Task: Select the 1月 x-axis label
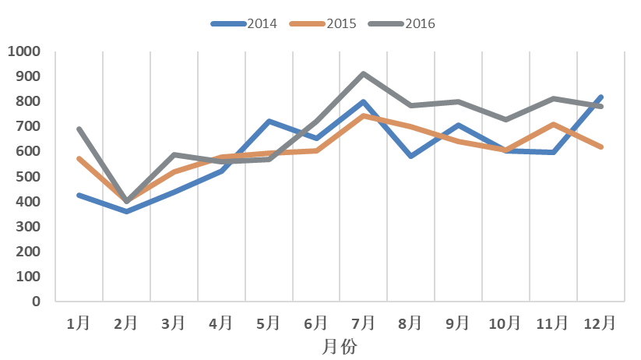79,323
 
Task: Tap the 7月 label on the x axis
363,323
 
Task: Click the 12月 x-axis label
600,323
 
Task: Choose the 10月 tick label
505,323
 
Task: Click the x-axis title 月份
340,346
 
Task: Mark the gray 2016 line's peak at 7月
363,74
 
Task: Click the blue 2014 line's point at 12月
600,97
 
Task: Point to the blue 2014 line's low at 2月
126,211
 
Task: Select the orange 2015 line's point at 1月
79,158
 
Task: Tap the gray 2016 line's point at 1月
79,129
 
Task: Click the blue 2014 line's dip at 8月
410,157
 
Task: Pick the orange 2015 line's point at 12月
600,146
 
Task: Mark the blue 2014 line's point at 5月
268,122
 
